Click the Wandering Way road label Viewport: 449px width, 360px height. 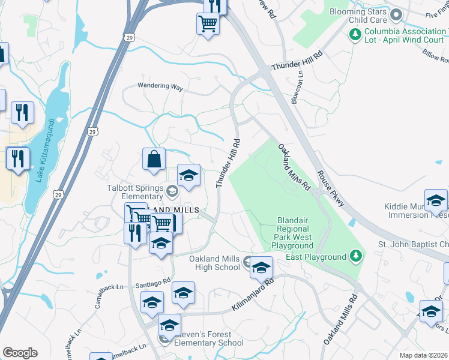tap(160, 86)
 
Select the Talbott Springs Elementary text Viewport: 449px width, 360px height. tap(135, 191)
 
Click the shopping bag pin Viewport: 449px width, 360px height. tap(154, 160)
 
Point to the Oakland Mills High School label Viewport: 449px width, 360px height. tap(215, 262)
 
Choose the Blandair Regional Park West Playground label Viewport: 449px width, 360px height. tap(293, 233)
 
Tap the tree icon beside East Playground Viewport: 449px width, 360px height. tap(357, 257)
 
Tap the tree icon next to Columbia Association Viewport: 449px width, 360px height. tap(355, 34)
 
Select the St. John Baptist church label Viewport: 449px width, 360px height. tap(413, 245)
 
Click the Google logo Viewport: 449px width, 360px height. tap(20, 353)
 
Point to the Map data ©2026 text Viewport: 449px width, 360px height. tap(424, 355)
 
